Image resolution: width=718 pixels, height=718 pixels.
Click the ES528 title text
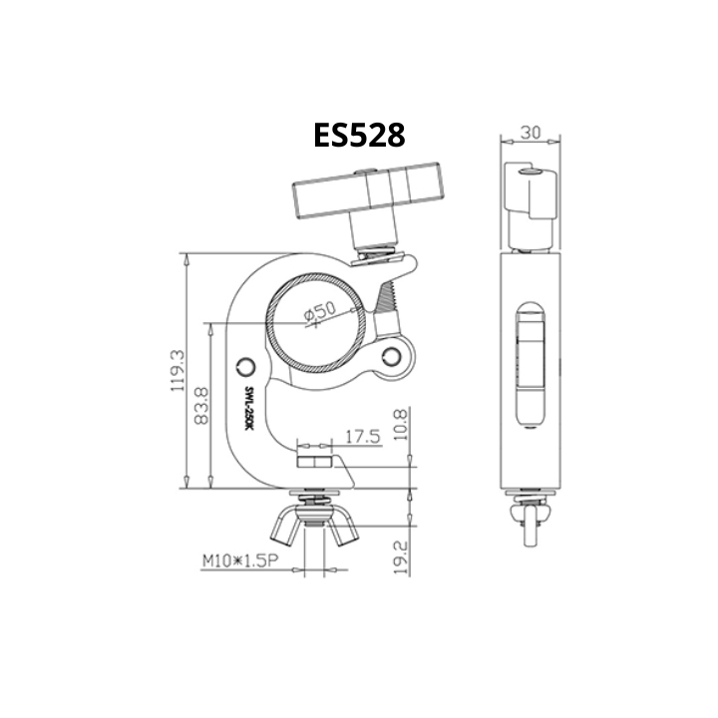point(359,135)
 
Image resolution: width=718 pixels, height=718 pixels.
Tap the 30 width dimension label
point(531,133)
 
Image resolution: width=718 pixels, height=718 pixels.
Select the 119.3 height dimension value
point(178,371)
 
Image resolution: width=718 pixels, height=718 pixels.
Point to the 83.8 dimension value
point(201,406)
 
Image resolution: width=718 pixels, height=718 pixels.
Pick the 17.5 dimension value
point(363,437)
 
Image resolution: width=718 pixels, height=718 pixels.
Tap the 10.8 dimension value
point(400,425)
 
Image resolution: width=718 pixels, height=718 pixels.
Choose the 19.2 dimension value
point(401,557)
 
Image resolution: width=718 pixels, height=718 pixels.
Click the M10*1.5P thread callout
point(240,560)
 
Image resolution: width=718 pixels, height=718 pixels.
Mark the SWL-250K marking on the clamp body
point(248,408)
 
